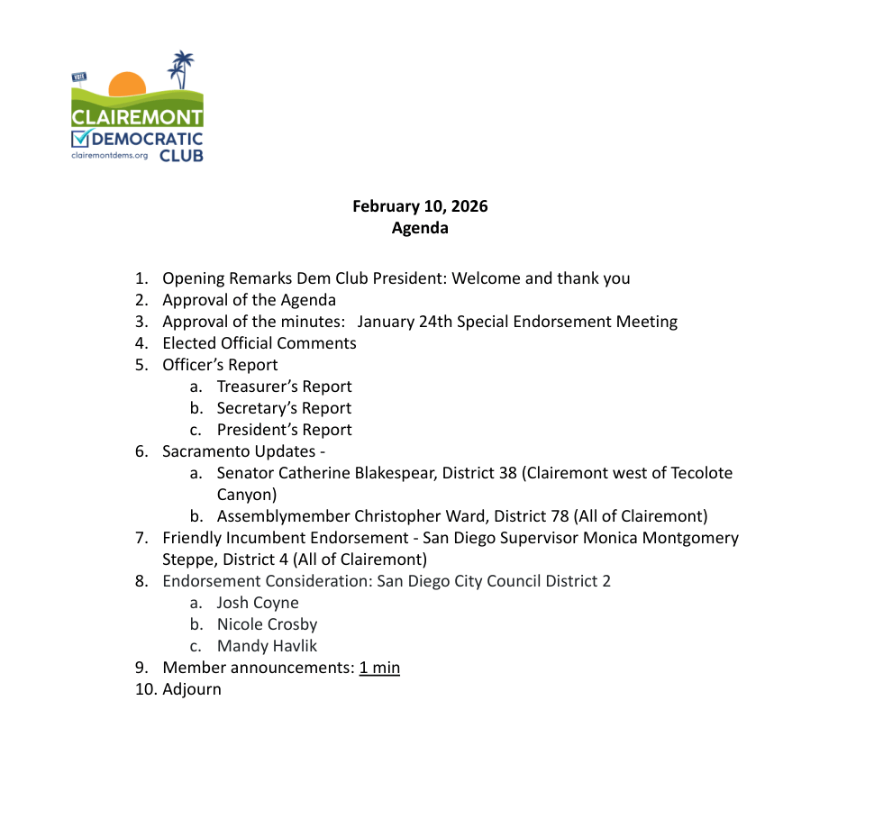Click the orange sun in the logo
(127, 84)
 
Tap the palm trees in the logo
(181, 69)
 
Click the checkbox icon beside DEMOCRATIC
(82, 138)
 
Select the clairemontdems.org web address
(110, 155)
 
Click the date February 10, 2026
(420, 206)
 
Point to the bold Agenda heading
(420, 228)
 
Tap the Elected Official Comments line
(259, 343)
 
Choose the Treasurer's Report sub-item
(284, 387)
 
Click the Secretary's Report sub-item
(284, 408)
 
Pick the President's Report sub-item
(284, 430)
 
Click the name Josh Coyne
(258, 603)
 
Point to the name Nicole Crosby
(267, 624)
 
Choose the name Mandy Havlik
(267, 646)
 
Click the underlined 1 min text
(379, 668)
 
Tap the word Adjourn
(192, 689)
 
